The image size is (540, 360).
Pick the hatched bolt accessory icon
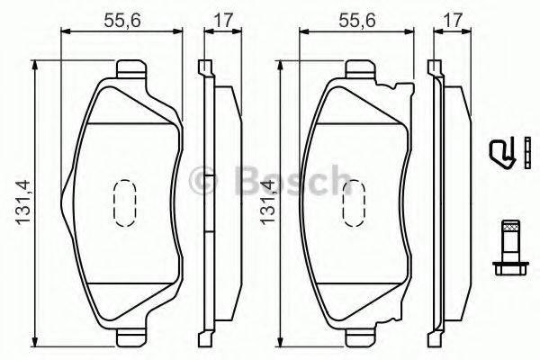[509, 247]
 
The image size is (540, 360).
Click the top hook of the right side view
[435, 67]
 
